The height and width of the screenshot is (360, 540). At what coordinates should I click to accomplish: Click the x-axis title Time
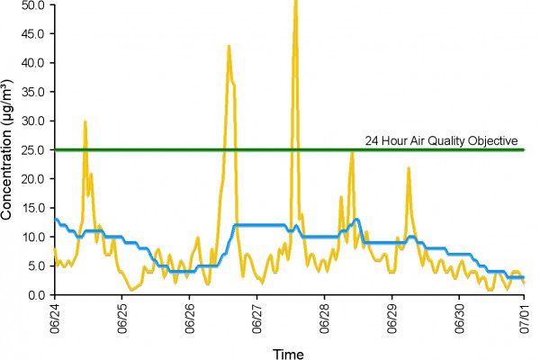pos(290,353)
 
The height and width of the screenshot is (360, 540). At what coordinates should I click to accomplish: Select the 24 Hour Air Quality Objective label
pos(441,140)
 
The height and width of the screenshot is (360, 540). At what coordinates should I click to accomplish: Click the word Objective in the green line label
pos(494,140)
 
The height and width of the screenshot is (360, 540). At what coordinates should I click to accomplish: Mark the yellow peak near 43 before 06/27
pos(229,46)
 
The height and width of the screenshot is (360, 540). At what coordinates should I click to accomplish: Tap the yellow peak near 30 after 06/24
pos(85,121)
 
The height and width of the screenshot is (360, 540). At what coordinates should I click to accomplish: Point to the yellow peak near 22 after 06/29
pos(409,168)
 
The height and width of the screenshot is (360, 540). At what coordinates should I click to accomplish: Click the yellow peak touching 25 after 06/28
pos(352,151)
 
